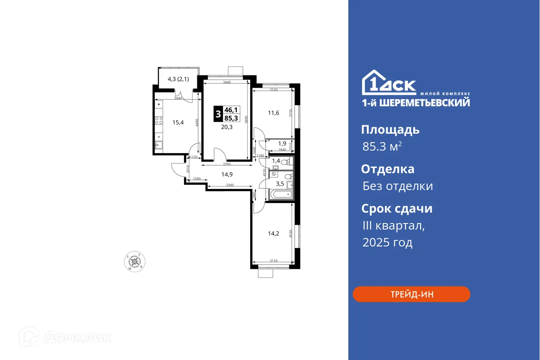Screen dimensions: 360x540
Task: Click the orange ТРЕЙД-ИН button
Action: [411, 294]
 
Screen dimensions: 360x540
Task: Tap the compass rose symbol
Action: [134, 261]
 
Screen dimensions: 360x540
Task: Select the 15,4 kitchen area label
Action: [178, 122]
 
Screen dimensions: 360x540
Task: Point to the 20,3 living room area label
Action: [226, 127]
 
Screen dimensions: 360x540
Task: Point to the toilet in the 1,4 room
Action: [285, 162]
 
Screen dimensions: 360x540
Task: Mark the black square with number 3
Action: [218, 114]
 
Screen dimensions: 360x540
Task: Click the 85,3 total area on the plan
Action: [232, 118]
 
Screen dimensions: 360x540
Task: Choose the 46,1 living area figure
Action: [231, 110]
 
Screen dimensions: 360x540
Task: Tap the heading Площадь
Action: [390, 130]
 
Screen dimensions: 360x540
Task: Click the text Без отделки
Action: [397, 186]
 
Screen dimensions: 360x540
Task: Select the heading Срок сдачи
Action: [397, 209]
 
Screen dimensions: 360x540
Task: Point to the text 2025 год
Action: [387, 242]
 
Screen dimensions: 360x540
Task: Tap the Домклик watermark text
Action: [77, 337]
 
